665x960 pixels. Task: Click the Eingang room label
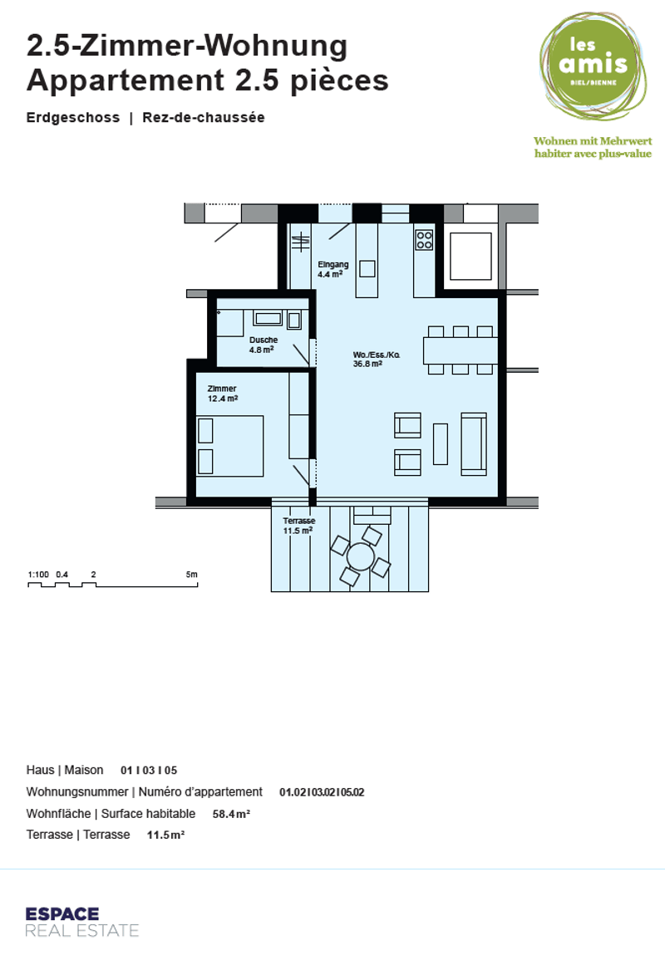point(332,269)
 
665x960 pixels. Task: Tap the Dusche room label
point(263,345)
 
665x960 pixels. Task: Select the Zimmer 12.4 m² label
point(223,394)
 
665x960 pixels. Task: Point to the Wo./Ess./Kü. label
point(377,360)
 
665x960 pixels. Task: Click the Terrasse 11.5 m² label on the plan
point(299,526)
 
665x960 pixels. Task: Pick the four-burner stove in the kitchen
point(424,239)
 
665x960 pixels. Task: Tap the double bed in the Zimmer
point(229,446)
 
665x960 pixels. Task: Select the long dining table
point(461,350)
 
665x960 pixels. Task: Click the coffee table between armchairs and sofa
point(441,444)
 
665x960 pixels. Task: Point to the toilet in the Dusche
point(294,320)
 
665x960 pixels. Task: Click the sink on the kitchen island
point(367,269)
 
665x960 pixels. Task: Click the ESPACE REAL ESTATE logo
point(81,922)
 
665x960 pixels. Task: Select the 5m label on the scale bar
point(192,575)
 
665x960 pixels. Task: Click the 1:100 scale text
point(38,575)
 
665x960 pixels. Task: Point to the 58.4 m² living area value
point(231,814)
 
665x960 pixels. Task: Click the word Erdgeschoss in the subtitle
point(73,118)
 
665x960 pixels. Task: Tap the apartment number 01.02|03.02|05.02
point(322,792)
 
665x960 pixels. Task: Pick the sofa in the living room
point(474,444)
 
